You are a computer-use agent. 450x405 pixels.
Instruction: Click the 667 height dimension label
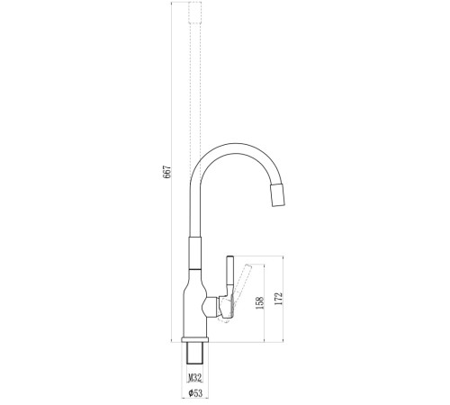pos(167,172)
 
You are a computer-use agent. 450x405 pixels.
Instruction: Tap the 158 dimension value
pos(260,302)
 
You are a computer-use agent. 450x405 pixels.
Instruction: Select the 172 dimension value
pos(279,299)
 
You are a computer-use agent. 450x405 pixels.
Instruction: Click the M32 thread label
pos(194,378)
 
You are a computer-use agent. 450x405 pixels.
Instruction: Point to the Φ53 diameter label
pos(195,392)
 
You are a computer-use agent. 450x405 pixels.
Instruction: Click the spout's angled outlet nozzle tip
pos(278,195)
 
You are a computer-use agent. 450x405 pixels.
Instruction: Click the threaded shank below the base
pos(195,353)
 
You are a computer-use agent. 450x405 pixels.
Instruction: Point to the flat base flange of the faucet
pos(195,339)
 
